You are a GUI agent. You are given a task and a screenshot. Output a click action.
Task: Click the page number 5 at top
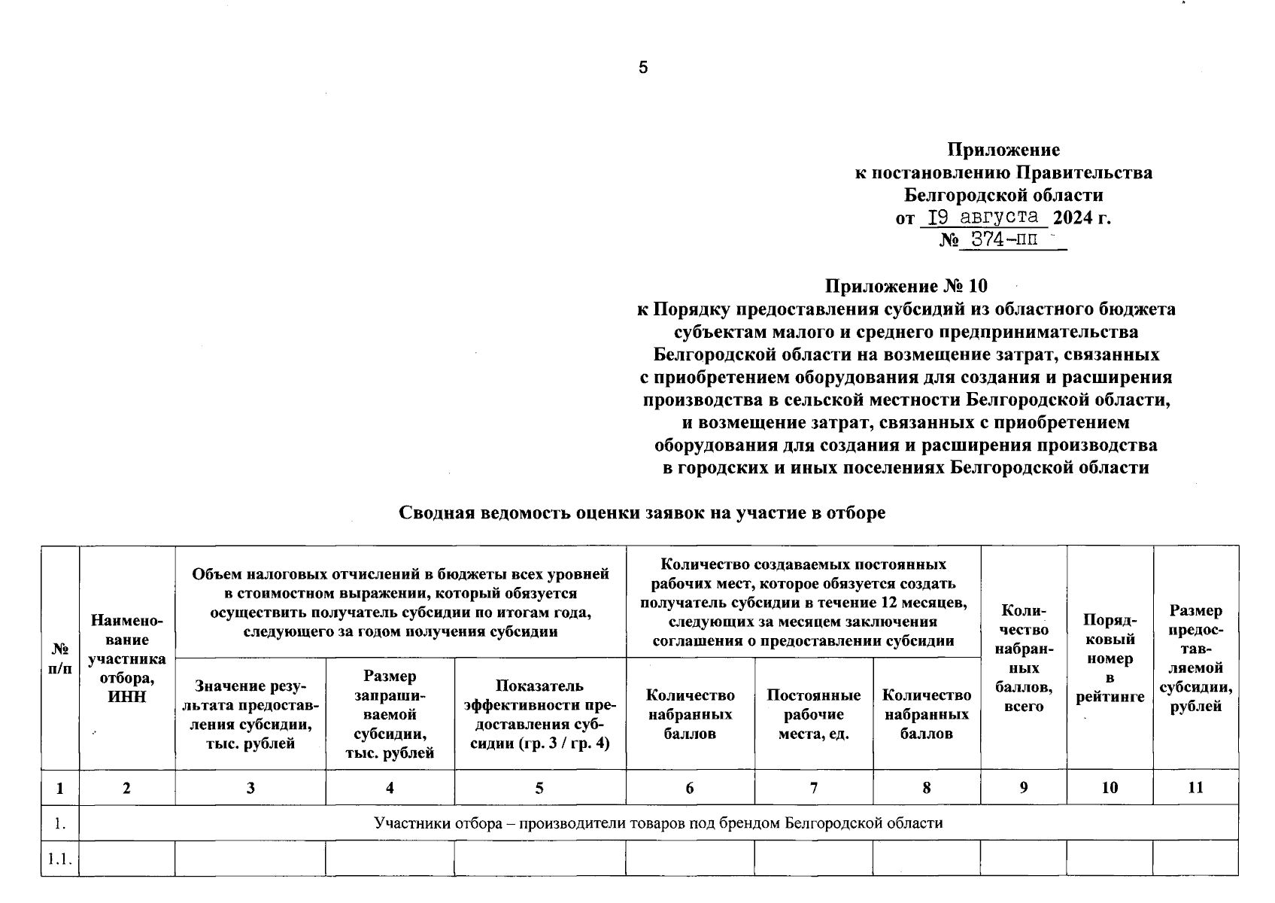pos(642,68)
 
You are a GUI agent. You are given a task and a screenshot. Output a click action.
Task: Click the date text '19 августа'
pos(983,218)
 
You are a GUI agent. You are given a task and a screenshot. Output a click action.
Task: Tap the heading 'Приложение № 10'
pos(906,287)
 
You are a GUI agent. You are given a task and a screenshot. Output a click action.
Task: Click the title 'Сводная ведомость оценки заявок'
pos(641,513)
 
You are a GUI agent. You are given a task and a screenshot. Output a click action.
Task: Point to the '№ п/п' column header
pos(59,658)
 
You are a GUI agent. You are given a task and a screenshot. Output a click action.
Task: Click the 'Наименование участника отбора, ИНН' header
pos(126,658)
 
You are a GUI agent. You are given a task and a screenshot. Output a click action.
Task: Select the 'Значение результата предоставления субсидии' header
pos(250,714)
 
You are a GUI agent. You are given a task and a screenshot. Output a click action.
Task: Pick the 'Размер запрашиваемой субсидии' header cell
pos(390,714)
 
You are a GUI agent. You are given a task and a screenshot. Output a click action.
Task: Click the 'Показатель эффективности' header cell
pos(539,714)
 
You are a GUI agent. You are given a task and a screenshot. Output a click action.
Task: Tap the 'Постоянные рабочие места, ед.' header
pos(813,714)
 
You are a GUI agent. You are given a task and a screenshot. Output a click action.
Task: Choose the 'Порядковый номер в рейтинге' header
pos(1110,658)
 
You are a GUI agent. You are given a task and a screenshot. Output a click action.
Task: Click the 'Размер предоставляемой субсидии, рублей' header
pos(1195,658)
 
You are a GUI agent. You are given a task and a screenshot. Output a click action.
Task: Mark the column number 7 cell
pos(813,788)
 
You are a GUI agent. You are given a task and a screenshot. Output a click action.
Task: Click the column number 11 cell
pos(1195,788)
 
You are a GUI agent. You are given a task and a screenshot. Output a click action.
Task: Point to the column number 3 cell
pos(250,788)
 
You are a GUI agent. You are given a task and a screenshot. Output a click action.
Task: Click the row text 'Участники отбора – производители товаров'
pos(658,823)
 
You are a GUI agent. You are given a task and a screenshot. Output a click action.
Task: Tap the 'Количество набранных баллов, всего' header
pos(1023,658)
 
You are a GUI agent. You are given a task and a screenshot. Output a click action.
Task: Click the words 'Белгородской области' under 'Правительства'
pos(1003,196)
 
